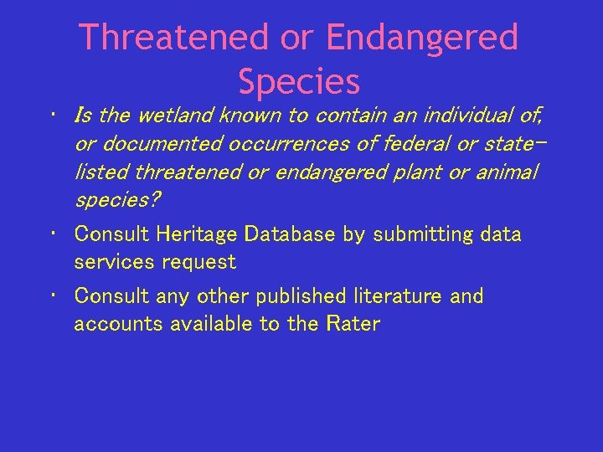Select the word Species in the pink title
click(x=299, y=82)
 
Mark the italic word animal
click(x=510, y=172)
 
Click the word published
click(x=301, y=296)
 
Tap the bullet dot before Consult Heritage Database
click(x=53, y=232)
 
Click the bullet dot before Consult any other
click(x=53, y=294)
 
